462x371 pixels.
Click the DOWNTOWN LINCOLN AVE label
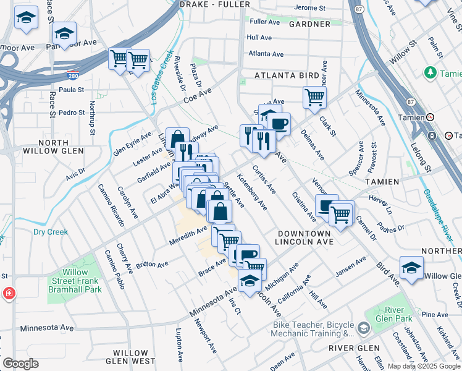[x=304, y=237]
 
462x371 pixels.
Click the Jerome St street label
[x=309, y=8]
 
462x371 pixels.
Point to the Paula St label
[x=71, y=89]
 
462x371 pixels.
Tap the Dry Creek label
[x=50, y=232]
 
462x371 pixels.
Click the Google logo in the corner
[x=20, y=364]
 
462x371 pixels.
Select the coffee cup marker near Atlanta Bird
[x=279, y=123]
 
